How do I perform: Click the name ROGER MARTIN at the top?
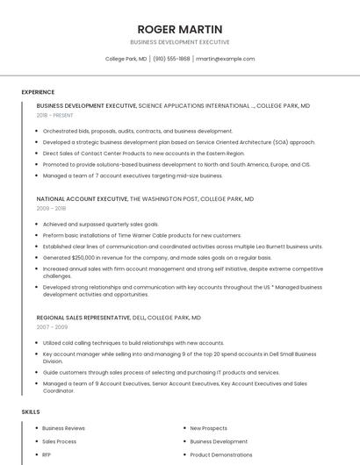tap(180, 29)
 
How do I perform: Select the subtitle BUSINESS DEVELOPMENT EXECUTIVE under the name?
tap(180, 42)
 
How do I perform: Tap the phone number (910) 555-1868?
tap(171, 59)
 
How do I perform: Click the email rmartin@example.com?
tap(225, 59)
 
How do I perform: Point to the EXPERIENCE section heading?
tap(38, 92)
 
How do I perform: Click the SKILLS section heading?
tap(31, 411)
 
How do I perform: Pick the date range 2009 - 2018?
tap(51, 209)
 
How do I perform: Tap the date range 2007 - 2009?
tap(51, 326)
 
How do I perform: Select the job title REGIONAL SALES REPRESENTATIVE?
tap(83, 317)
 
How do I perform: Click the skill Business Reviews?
tap(63, 428)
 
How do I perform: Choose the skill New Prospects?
tap(208, 428)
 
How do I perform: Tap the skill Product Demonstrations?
tap(220, 454)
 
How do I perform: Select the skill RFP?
tap(47, 454)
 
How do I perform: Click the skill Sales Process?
tap(59, 441)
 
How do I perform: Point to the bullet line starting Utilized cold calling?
tap(133, 343)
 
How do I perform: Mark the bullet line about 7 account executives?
tap(133, 175)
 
